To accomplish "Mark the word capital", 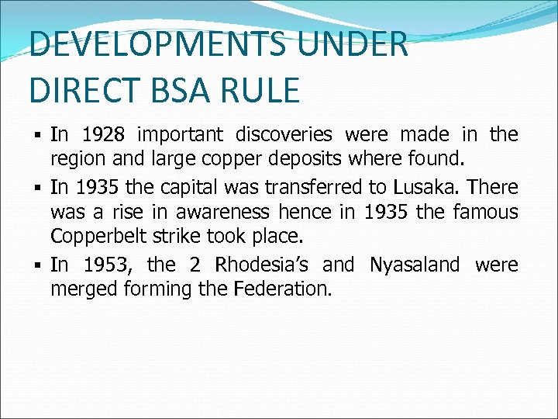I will tap(179, 187).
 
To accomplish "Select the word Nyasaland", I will tap(415, 265).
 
